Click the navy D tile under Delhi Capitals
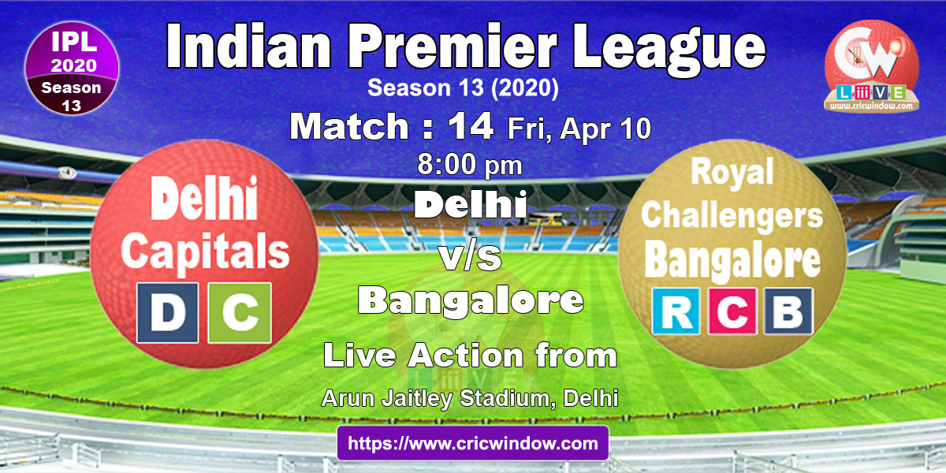pyautogui.click(x=168, y=312)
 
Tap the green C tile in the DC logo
pyautogui.click(x=240, y=312)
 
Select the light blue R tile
pyautogui.click(x=676, y=311)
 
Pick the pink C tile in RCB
pyautogui.click(x=732, y=311)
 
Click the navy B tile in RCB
pyautogui.click(x=788, y=311)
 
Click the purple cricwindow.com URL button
pyautogui.click(x=473, y=443)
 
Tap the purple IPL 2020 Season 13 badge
pyautogui.click(x=72, y=68)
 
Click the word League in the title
pyautogui.click(x=669, y=49)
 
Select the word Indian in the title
pyautogui.click(x=248, y=46)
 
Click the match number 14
pyautogui.click(x=471, y=126)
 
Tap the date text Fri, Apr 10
pyautogui.click(x=579, y=128)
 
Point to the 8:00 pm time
pyautogui.click(x=470, y=165)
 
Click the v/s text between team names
pyautogui.click(x=471, y=258)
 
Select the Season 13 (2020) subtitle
pyautogui.click(x=463, y=88)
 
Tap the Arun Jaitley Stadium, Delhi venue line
pyautogui.click(x=470, y=398)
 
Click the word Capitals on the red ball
pyautogui.click(x=206, y=253)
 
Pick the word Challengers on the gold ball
pyautogui.click(x=732, y=216)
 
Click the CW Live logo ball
pyautogui.click(x=872, y=67)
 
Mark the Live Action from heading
pyautogui.click(x=470, y=356)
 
